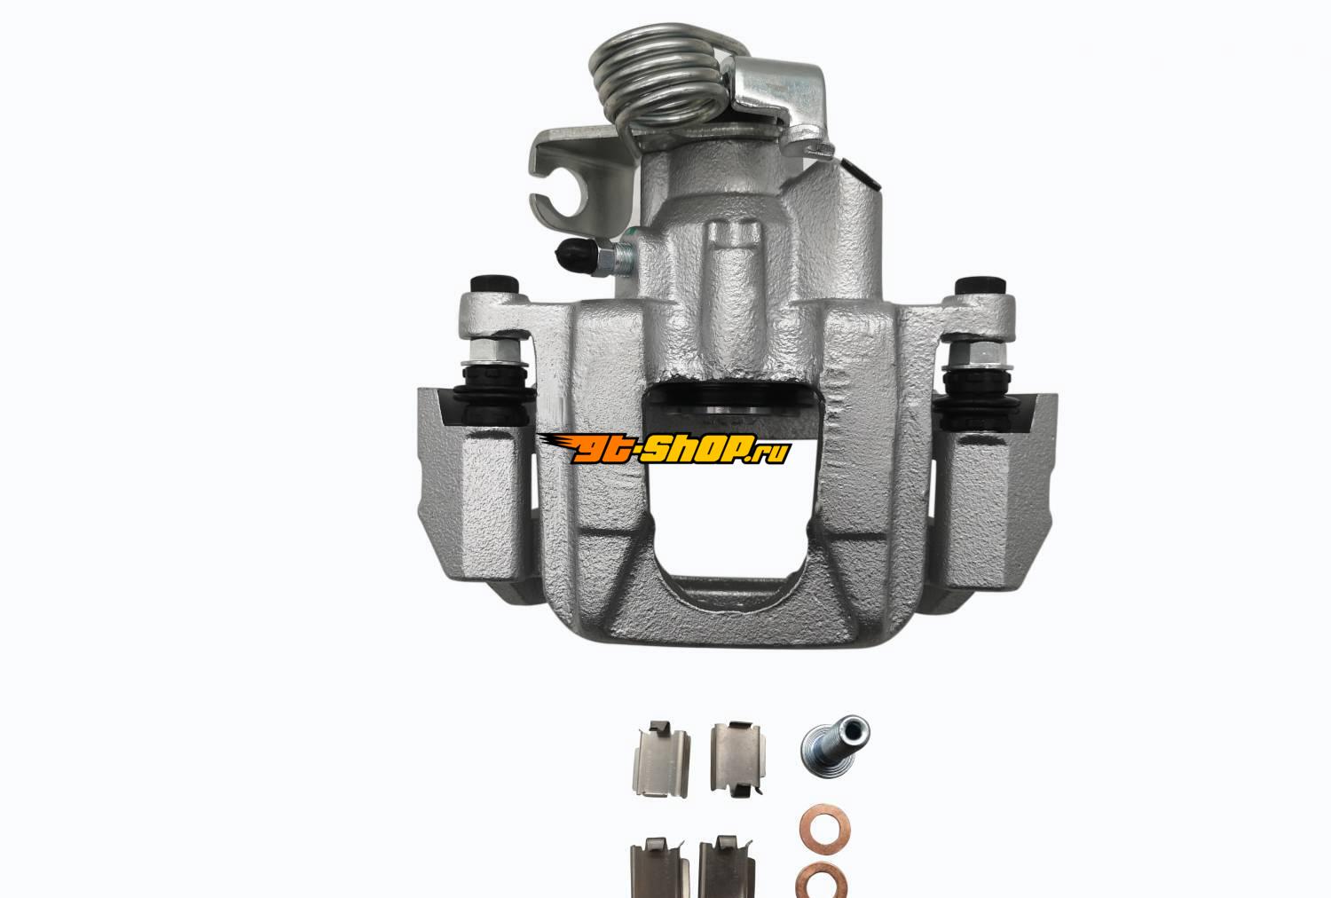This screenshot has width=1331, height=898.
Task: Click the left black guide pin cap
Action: pyautogui.click(x=493, y=285)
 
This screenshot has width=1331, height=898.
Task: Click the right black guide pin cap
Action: pyautogui.click(x=981, y=286)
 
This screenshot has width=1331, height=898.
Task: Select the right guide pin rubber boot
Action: pyautogui.click(x=978, y=397)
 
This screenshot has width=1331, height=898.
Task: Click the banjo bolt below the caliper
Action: pyautogui.click(x=836, y=744)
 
